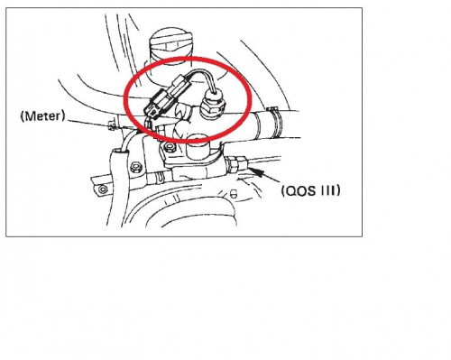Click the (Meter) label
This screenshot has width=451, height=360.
42,116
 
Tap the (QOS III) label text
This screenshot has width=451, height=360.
311,190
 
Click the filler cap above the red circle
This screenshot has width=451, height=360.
170,45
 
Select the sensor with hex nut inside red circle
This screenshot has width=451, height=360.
212,106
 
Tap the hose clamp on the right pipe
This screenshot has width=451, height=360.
276,122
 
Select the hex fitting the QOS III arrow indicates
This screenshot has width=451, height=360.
237,165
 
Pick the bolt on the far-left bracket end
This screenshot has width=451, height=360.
103,189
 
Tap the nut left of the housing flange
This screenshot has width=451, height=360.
137,167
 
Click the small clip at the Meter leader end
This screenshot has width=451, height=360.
112,125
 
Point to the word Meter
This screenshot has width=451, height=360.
42,116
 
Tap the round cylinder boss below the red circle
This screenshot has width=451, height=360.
196,148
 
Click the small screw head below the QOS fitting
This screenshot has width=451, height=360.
233,193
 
